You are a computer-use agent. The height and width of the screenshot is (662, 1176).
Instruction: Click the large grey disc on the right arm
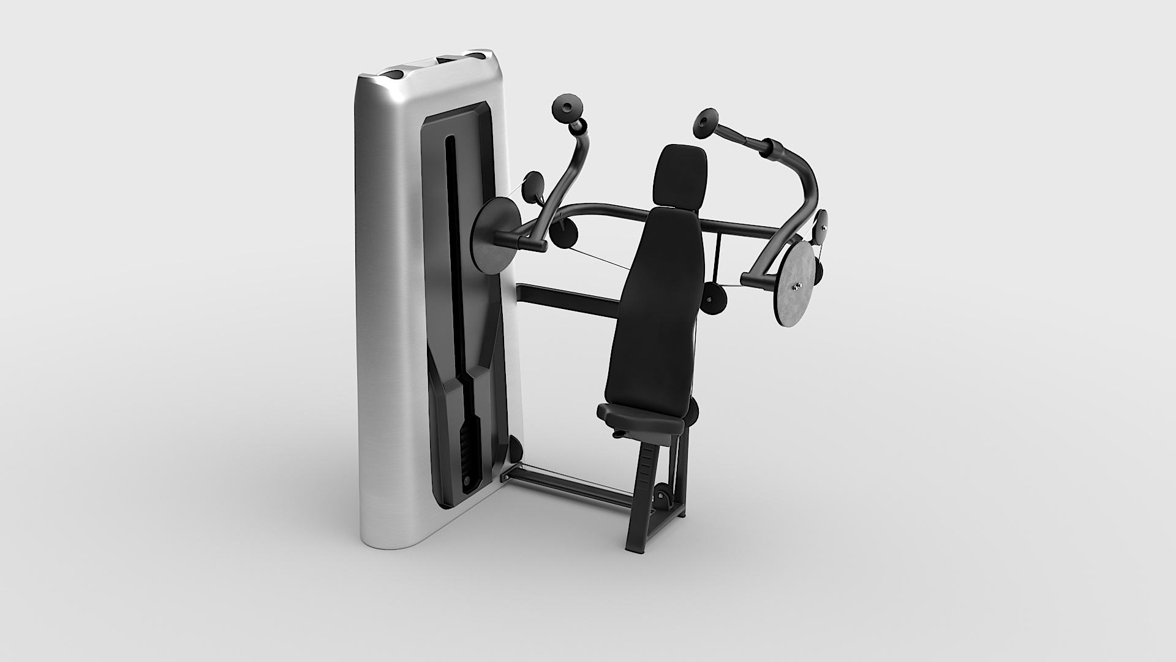pyautogui.click(x=796, y=283)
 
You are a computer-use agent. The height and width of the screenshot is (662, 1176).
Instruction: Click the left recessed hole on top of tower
pyautogui.click(x=392, y=74)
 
